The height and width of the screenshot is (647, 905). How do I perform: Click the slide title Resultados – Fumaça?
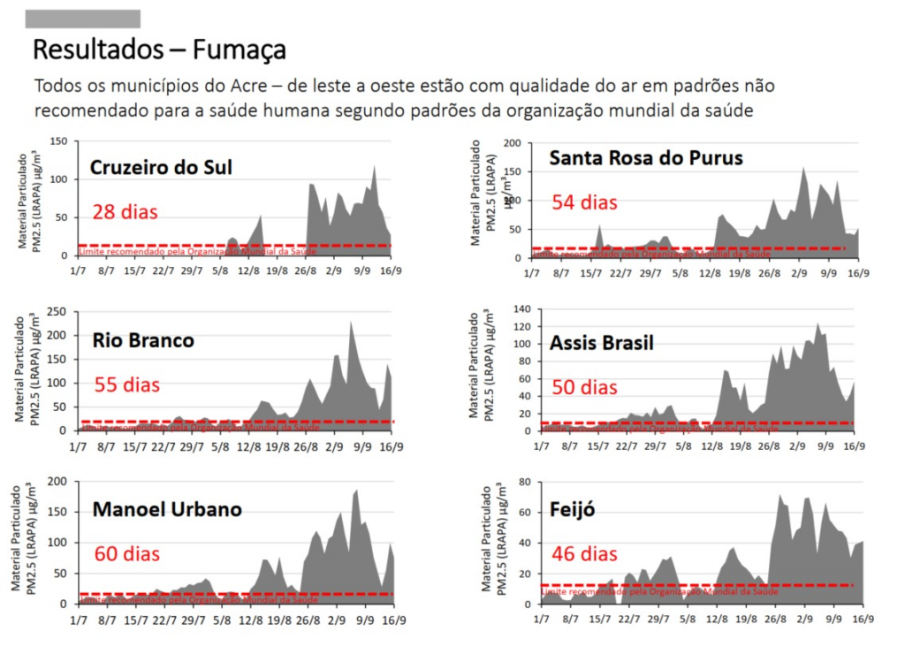click(159, 49)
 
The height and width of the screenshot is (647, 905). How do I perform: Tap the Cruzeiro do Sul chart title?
click(161, 167)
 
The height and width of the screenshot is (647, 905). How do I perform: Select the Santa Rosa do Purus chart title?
click(645, 158)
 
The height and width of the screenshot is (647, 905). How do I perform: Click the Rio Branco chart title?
click(143, 341)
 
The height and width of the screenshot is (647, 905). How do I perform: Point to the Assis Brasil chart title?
click(602, 343)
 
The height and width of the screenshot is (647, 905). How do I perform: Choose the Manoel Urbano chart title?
click(166, 510)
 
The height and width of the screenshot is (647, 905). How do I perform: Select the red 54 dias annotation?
click(584, 202)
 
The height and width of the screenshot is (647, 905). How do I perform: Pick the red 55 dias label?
click(126, 385)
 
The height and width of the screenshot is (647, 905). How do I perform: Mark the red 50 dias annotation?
click(584, 387)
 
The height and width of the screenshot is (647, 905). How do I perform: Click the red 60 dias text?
click(127, 555)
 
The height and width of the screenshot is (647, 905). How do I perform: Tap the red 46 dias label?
click(584, 555)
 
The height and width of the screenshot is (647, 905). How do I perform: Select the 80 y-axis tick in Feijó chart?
click(522, 482)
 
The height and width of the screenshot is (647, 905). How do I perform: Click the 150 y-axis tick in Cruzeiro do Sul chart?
click(59, 141)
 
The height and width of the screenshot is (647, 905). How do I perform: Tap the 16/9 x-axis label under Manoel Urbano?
click(391, 621)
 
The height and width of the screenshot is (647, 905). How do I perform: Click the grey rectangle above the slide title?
click(83, 19)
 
